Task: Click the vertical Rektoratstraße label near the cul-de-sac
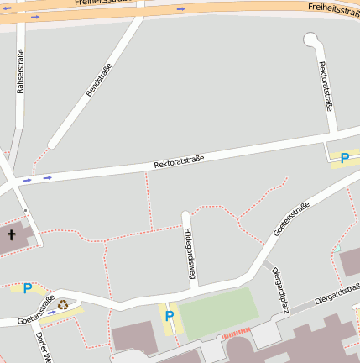click(x=326, y=86)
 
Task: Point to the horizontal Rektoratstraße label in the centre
click(x=179, y=160)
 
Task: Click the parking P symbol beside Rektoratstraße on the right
click(x=344, y=158)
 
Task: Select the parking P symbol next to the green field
click(x=170, y=317)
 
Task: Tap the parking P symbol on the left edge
click(x=28, y=289)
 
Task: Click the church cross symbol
click(x=12, y=234)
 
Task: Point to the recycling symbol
click(x=64, y=304)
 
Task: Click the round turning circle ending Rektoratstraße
click(x=311, y=39)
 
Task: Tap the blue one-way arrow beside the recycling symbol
click(x=52, y=313)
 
